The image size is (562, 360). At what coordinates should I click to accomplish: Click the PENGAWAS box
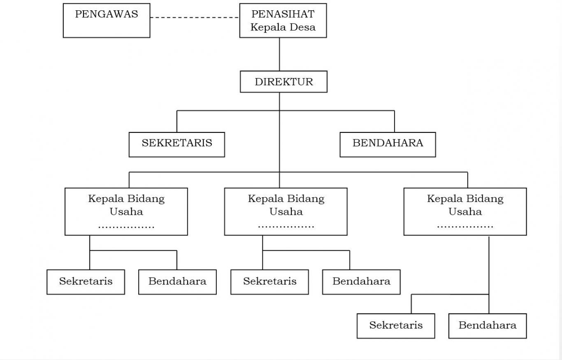[106, 21]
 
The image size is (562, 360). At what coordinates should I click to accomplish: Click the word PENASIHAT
[283, 14]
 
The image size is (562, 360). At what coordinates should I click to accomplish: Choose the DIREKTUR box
[283, 82]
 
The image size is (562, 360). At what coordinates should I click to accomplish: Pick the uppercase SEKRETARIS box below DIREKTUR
[177, 144]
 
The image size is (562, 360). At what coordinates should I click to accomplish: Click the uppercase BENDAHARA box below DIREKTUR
[388, 144]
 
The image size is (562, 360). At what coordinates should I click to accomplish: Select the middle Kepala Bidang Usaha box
[286, 211]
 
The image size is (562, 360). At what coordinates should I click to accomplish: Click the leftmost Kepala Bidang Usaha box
[126, 211]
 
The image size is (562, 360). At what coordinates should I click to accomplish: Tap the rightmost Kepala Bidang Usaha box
[465, 211]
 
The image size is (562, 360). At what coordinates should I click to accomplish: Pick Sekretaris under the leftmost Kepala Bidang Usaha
[86, 282]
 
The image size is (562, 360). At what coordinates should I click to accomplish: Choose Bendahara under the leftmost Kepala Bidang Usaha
[177, 282]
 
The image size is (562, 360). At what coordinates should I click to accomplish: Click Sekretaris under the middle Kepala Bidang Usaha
[269, 282]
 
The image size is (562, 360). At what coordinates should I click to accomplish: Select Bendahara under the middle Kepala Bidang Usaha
[361, 282]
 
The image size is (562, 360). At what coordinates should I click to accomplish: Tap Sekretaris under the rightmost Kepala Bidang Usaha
[396, 326]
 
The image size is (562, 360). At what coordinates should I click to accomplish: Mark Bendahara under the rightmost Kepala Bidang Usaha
[488, 326]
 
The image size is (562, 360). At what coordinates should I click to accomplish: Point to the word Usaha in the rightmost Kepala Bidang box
[465, 212]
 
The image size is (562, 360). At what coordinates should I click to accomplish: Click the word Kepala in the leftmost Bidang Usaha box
[101, 199]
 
